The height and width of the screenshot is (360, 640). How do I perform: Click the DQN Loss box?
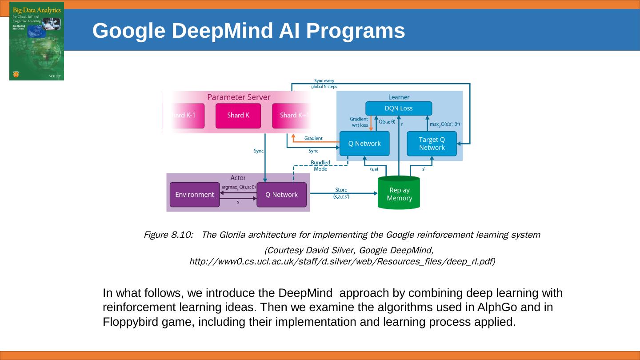398,108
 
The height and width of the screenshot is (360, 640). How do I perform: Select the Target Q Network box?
432,144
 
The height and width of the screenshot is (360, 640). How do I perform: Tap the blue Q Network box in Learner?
364,144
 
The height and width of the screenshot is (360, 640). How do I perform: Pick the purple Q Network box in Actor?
281,195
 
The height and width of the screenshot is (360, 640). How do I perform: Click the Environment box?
195,195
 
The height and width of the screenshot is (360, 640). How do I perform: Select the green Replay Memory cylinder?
399,193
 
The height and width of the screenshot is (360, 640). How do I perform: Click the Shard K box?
238,116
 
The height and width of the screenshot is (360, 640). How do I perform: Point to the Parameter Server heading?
239,97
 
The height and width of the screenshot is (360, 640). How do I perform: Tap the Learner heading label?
399,97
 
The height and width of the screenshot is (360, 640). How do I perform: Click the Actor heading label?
238,178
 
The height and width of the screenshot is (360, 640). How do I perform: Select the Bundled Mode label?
320,166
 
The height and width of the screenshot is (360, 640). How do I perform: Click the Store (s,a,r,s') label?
341,193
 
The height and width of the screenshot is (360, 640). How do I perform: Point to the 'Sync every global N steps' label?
324,84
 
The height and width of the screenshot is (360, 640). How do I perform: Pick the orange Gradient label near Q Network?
313,138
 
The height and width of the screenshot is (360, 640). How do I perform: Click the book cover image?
36,41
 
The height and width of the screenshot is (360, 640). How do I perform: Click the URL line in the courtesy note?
342,261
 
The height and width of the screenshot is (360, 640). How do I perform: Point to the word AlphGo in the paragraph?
496,308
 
